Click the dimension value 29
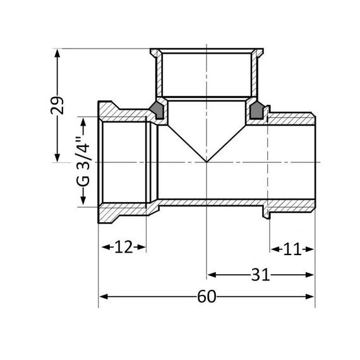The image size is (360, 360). coord(58,105)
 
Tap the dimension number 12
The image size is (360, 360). coord(123,248)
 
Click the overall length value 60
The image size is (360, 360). coord(207,296)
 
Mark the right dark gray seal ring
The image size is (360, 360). coord(257,112)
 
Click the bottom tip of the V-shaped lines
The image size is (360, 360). coord(207,162)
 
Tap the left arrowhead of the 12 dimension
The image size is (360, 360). coord(104,248)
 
